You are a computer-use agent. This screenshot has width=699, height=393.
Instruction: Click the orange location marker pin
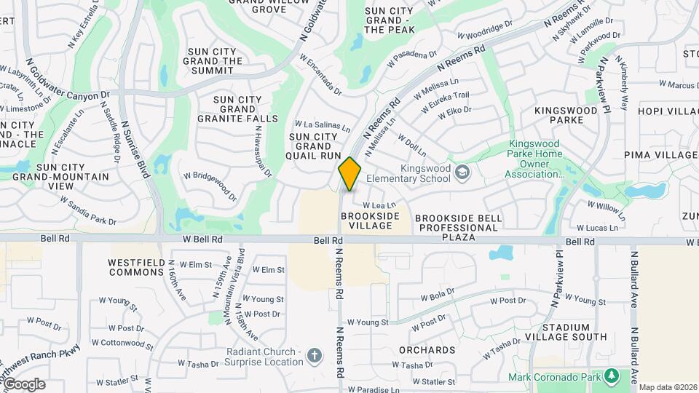[350, 174]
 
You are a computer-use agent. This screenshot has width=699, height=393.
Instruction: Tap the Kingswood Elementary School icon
[462, 172]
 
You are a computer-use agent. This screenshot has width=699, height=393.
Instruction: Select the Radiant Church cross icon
[315, 355]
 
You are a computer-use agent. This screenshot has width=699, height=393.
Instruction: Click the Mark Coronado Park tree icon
[612, 376]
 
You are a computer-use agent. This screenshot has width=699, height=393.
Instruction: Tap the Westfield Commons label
[136, 267]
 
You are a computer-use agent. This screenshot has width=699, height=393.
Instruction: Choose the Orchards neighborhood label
[427, 350]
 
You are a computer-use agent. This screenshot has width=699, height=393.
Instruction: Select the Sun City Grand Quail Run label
[315, 146]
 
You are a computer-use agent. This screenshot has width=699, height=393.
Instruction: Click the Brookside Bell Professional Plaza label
[456, 227]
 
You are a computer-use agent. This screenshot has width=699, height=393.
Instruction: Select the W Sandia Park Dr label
[88, 210]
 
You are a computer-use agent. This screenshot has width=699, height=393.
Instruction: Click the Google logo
[24, 384]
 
